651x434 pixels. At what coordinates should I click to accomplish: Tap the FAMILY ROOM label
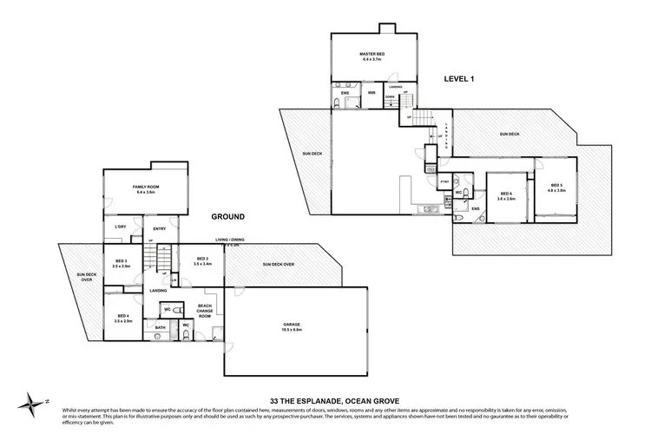tap(146, 189)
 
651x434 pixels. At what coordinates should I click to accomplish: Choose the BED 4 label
tap(122, 319)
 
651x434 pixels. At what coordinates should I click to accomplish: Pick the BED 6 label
tap(505, 195)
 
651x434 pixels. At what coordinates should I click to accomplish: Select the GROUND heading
tap(226, 216)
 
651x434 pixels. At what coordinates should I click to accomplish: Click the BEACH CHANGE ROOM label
tap(206, 311)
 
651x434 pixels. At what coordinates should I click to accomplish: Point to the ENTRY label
tap(160, 229)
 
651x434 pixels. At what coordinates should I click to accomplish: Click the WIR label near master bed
tap(372, 93)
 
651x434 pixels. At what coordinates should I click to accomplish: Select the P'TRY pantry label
tap(444, 181)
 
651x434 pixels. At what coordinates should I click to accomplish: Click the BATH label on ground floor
tap(160, 328)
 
